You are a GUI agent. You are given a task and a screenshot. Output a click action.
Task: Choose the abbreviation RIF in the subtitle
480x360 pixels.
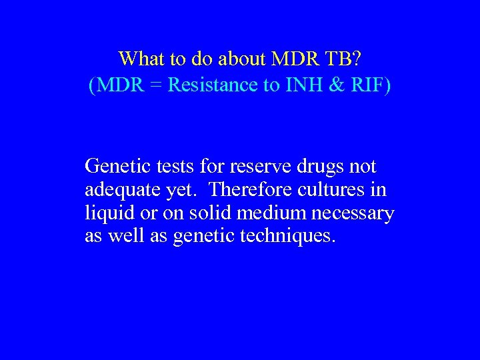369,85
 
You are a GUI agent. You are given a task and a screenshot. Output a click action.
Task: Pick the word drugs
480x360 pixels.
319,165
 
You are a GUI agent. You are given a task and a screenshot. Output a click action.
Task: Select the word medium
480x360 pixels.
266,213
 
